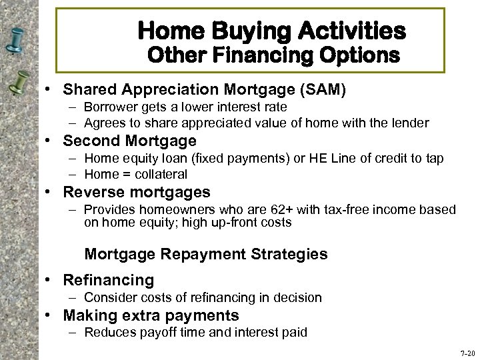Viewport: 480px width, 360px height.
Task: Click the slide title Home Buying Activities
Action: coord(271,30)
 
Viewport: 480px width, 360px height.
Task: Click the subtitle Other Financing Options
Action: coord(273,55)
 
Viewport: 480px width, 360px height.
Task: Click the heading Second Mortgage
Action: coord(129,141)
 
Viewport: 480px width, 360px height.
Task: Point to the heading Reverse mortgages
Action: coord(136,193)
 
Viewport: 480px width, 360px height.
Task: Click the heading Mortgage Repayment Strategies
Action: coord(206,254)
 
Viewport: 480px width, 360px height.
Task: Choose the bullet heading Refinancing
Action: coord(108,280)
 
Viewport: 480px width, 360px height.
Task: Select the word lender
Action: coord(411,123)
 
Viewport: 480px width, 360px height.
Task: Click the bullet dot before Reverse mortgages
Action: coord(52,193)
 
